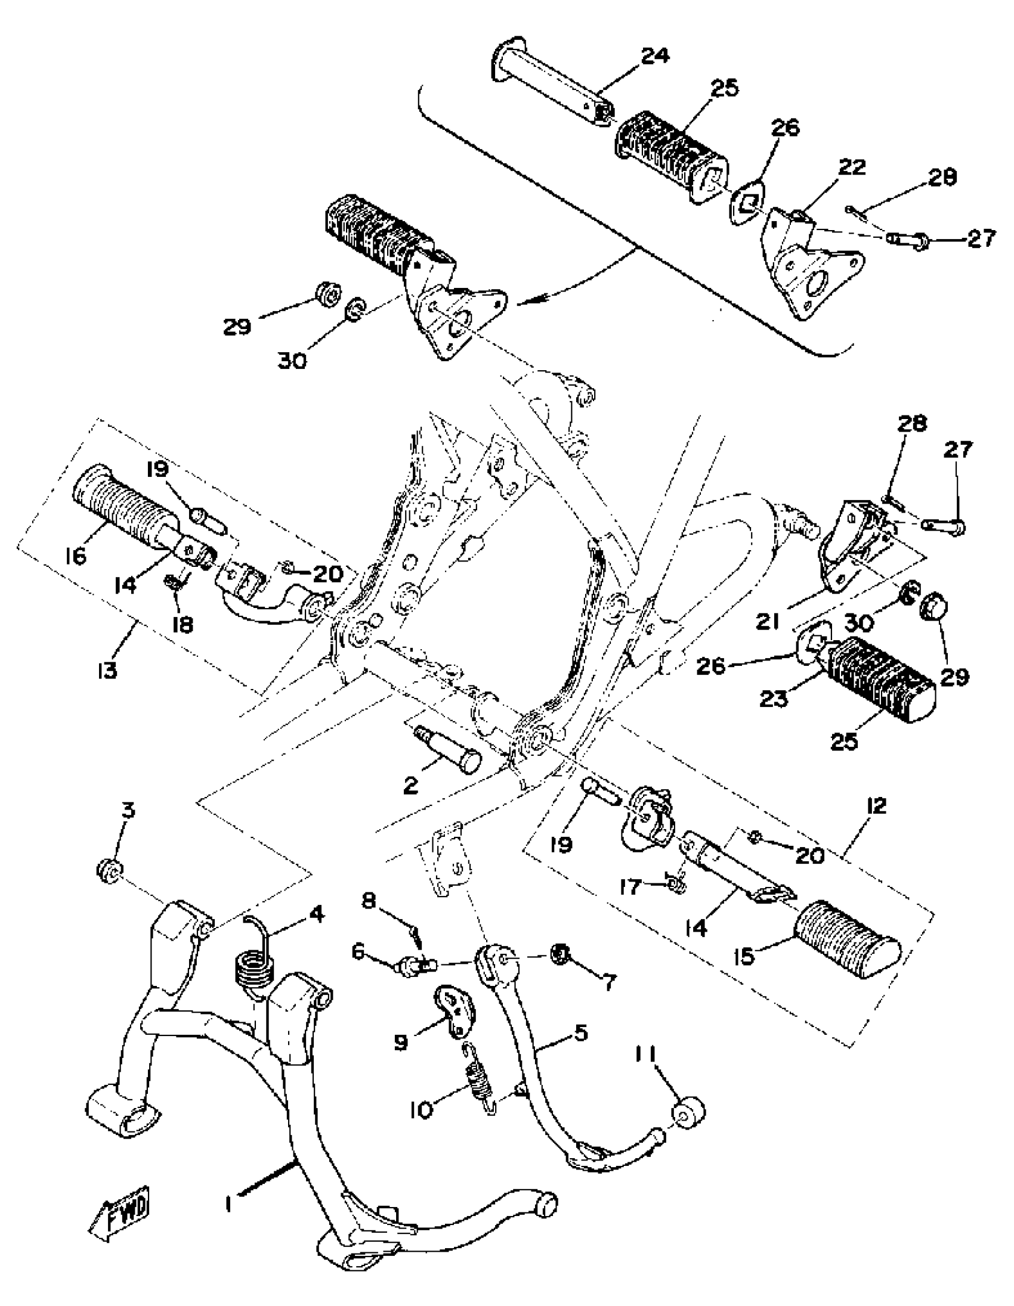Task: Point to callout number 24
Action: click(x=656, y=56)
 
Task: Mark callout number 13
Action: click(x=108, y=671)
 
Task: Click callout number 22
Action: click(x=851, y=168)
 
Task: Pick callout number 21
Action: click(x=767, y=622)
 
